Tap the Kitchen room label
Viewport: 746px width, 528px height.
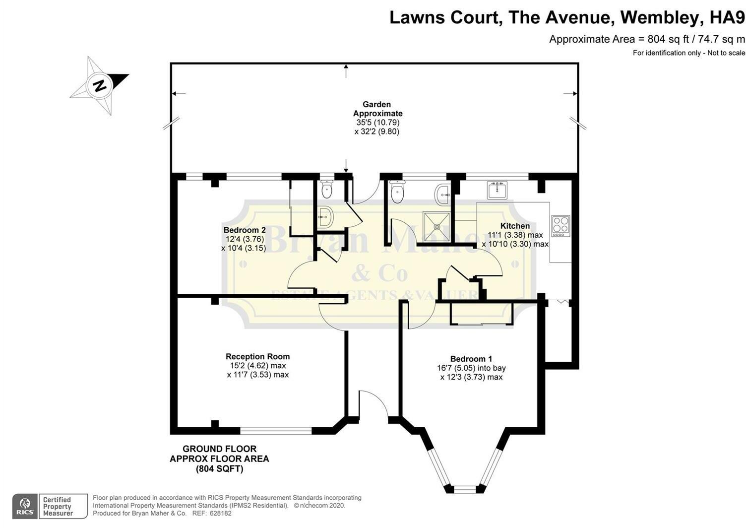click(x=515, y=226)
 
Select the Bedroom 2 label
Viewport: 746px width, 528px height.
click(x=245, y=230)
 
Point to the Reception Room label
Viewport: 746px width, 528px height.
click(x=257, y=356)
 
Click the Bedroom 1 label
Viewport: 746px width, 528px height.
click(x=471, y=359)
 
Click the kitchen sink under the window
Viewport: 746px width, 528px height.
click(x=497, y=190)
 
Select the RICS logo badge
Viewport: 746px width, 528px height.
click(x=25, y=506)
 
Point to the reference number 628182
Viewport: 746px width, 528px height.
click(x=220, y=513)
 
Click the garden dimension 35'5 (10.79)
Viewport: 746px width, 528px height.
click(x=377, y=122)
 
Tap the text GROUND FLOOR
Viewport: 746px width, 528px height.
click(x=219, y=449)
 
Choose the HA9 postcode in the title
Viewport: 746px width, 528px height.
click(x=727, y=17)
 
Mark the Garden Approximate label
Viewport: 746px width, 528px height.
click(x=377, y=109)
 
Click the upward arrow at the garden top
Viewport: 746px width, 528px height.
click(x=346, y=71)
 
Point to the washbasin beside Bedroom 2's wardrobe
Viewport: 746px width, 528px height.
click(x=325, y=217)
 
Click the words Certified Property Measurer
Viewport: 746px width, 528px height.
click(x=57, y=506)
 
